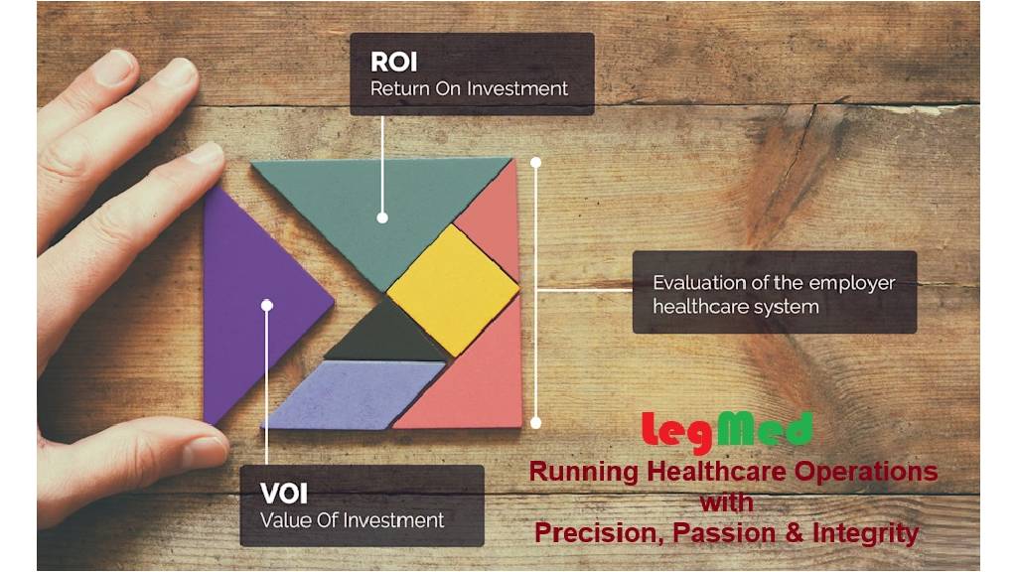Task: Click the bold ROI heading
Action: pos(393,62)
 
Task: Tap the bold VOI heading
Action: pos(283,494)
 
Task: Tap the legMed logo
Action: pos(727,432)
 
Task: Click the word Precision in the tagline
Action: pos(601,533)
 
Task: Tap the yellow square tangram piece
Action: pos(453,289)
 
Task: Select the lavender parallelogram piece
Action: pos(355,395)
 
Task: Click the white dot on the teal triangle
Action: pos(382,217)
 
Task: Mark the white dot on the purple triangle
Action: pos(266,305)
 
